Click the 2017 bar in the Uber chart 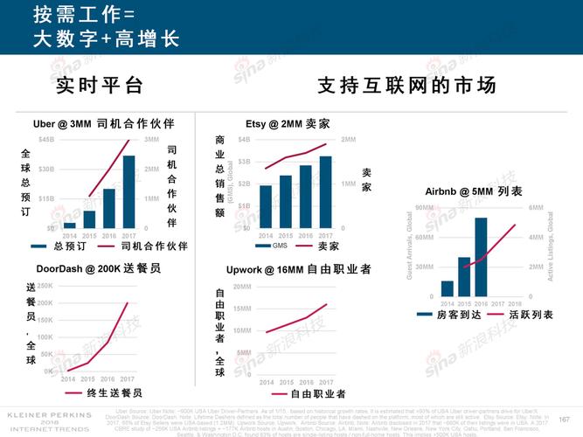coord(128,191)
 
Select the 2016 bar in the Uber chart coord(109,208)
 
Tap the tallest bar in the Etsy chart coord(325,191)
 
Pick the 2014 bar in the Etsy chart coord(266,206)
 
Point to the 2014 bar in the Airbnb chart coord(447,288)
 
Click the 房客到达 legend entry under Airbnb coord(442,313)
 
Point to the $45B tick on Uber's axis coord(45,140)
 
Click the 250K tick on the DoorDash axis coord(45,286)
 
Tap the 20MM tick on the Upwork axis coord(242,287)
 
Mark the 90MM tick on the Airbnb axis coord(424,208)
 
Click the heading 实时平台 coord(99,86)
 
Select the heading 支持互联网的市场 coord(406,86)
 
